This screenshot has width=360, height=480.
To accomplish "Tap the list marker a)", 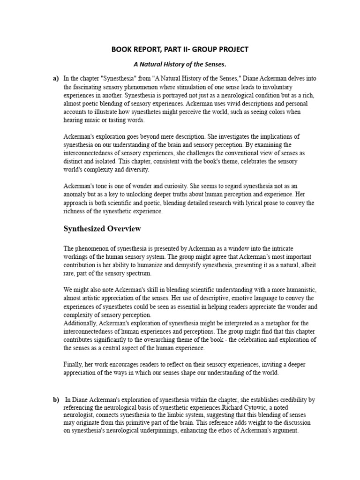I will click(x=55, y=79).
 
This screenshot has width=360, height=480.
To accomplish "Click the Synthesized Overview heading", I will click(x=102, y=229).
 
